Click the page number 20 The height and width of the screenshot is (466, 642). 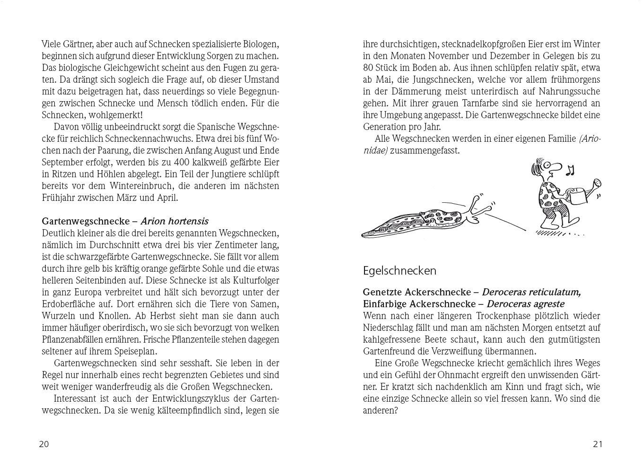[x=43, y=444]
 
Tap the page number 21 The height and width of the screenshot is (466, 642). [x=598, y=444]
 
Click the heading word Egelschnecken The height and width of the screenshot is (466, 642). [x=399, y=271]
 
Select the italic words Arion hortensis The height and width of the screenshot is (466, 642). [x=174, y=221]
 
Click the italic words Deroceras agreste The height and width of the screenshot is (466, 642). [x=525, y=304]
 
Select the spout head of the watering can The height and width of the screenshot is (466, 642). [x=598, y=182]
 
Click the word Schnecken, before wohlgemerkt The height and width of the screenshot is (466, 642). [x=61, y=115]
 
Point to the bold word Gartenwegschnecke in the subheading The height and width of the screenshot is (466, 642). [x=86, y=221]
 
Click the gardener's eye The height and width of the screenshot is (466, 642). [x=547, y=165]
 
